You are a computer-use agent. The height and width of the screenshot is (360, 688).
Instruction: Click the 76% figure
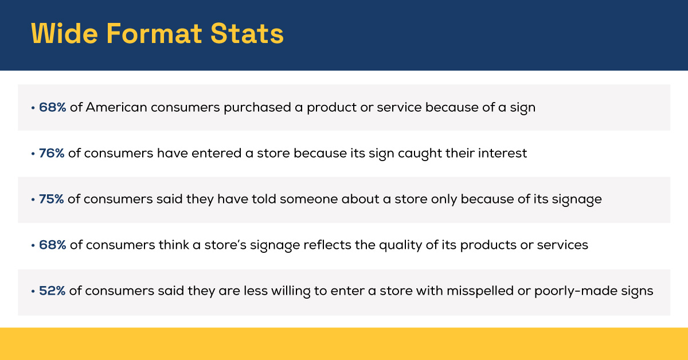[52, 154]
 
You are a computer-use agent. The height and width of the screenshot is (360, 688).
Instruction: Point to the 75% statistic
[52, 199]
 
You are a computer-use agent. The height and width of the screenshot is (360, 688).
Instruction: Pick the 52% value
[53, 291]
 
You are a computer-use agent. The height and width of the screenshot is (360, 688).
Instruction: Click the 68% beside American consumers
[53, 108]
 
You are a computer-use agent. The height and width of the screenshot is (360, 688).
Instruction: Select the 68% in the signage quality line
[53, 245]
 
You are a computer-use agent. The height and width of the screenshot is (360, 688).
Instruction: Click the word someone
[312, 199]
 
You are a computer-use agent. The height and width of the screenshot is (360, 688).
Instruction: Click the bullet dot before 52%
[33, 291]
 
